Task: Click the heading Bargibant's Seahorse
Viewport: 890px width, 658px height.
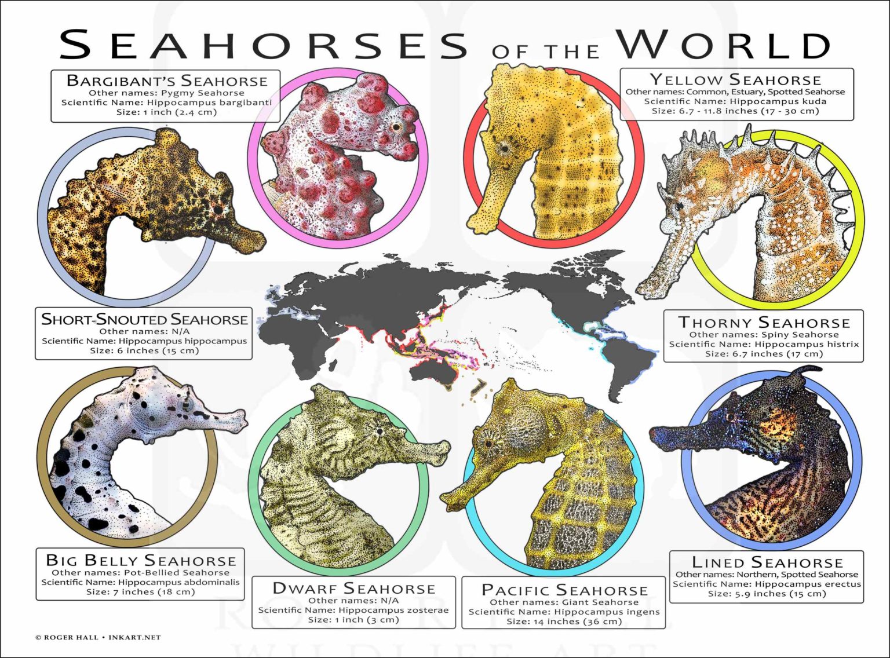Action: point(167,81)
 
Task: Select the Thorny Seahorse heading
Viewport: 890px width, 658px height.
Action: point(764,323)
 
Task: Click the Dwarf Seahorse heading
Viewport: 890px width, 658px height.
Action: point(353,588)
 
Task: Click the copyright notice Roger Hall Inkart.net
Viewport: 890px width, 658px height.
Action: point(98,637)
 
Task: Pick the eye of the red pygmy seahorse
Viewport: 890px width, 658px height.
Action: point(396,127)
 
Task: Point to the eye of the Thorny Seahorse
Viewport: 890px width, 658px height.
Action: point(679,206)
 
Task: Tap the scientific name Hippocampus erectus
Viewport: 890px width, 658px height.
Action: point(767,584)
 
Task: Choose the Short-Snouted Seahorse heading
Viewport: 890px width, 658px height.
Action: point(144,320)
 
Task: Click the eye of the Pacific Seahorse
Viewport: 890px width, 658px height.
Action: point(488,444)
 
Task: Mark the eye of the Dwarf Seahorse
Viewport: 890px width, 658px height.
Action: point(380,431)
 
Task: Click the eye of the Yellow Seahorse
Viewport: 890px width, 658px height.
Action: point(505,148)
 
